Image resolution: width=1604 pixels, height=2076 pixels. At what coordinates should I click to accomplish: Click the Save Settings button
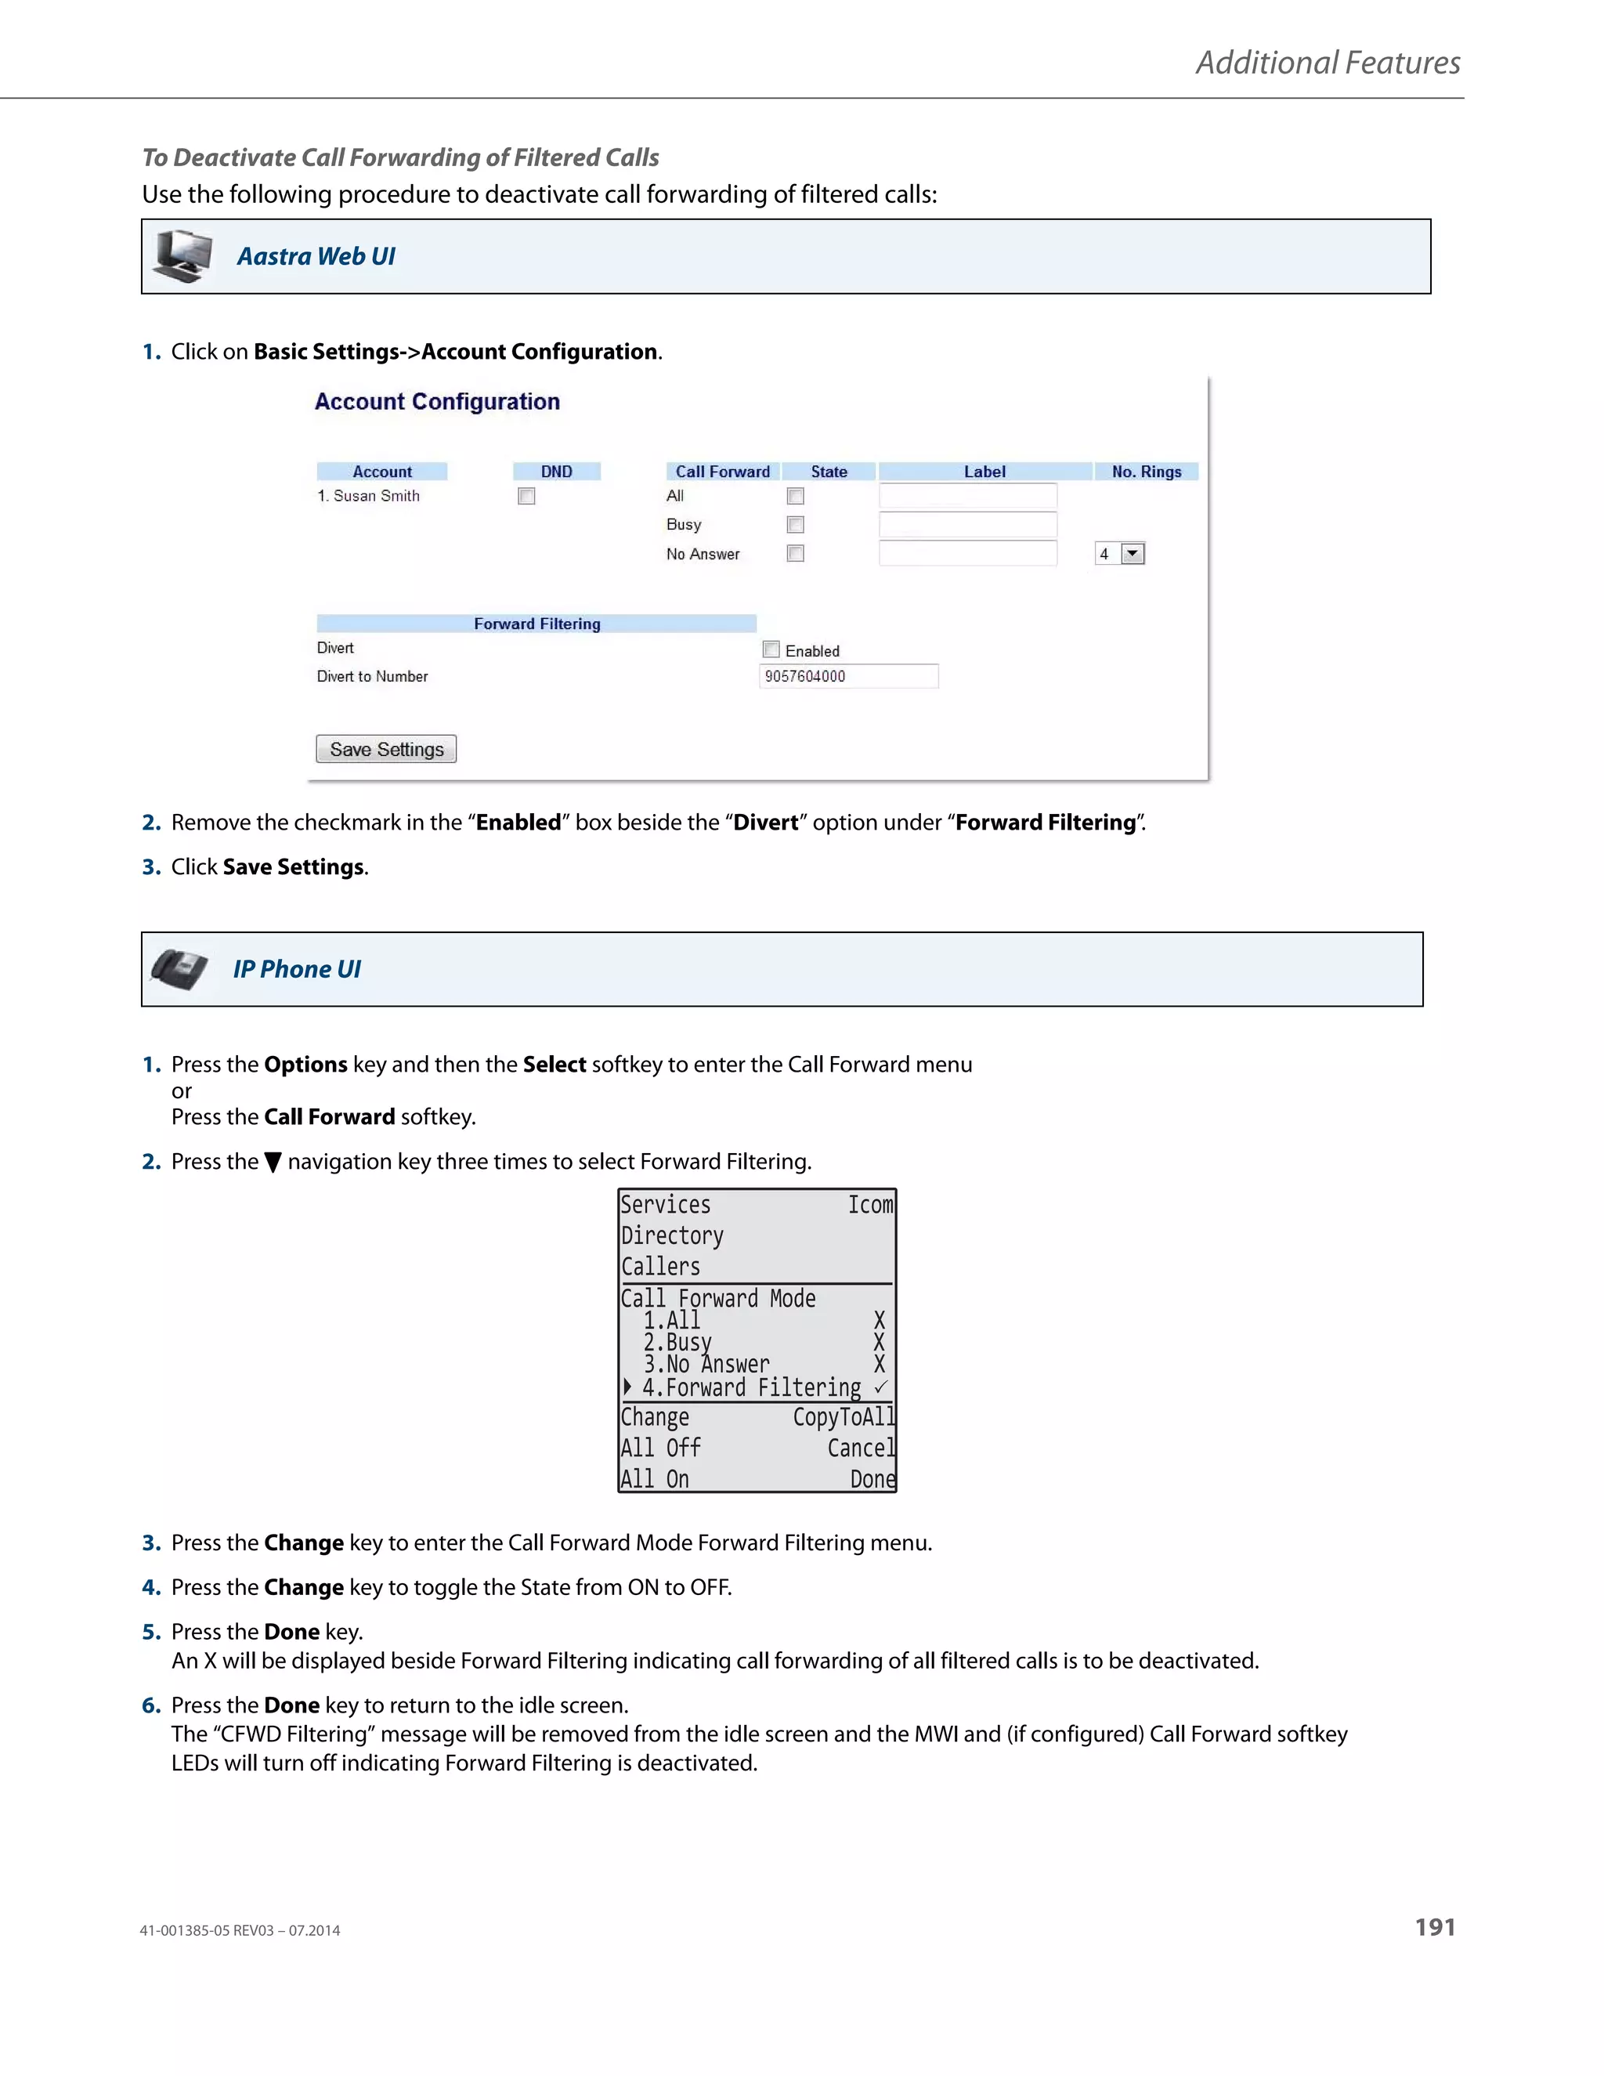coord(386,749)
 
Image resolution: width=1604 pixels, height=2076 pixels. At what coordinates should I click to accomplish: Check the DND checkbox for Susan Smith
coord(526,496)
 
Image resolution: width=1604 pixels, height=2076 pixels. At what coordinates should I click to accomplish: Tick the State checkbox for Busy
coord(796,525)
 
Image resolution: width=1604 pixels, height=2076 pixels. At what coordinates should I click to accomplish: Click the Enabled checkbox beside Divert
coord(771,649)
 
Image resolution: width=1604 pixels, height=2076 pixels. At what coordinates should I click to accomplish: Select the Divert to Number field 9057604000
coord(847,676)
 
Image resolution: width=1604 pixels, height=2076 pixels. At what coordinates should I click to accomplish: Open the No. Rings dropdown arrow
coord(1133,553)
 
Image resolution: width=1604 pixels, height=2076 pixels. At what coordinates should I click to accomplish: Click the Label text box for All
coord(967,496)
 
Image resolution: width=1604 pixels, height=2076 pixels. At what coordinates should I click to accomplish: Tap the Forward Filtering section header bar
coord(536,624)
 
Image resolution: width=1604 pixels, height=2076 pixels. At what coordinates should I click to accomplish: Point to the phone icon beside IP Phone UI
coord(179,968)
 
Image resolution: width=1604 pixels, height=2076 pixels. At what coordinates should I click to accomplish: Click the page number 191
coord(1434,1927)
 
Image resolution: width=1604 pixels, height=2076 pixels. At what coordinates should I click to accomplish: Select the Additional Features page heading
coord(1327,63)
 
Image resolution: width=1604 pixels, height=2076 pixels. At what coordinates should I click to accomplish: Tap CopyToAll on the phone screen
coord(843,1417)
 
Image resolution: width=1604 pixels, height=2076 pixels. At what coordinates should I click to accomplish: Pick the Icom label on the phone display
coord(869,1206)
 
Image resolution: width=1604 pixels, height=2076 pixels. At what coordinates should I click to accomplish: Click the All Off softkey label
coord(660,1448)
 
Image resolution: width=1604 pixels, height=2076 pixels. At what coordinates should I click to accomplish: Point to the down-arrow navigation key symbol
coord(273,1163)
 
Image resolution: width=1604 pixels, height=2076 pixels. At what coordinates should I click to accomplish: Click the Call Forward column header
coord(722,472)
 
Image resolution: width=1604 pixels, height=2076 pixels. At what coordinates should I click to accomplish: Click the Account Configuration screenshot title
coord(437,402)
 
